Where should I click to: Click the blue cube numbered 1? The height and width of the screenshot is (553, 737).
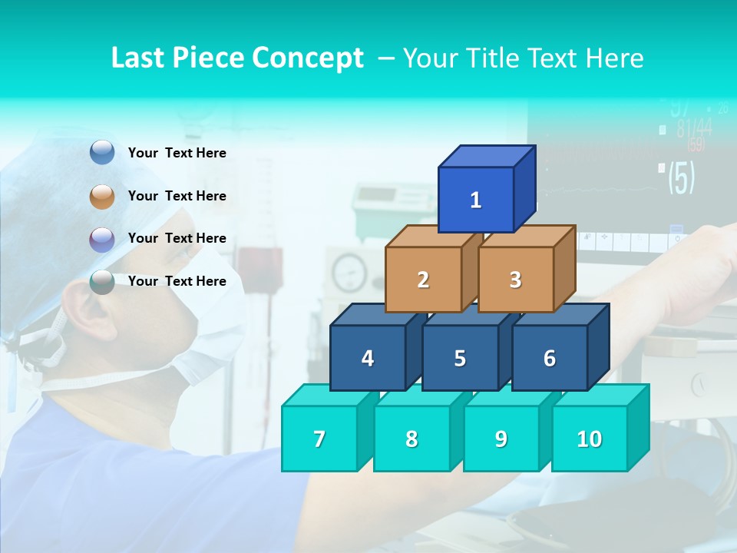[x=476, y=200]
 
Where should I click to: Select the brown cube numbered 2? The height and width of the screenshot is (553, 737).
[x=423, y=280]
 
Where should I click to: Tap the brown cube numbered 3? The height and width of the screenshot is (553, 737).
[x=515, y=280]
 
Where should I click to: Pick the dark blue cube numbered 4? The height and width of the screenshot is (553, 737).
[x=368, y=358]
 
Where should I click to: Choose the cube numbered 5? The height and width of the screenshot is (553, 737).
[x=460, y=358]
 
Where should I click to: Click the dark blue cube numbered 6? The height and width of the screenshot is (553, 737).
[x=550, y=358]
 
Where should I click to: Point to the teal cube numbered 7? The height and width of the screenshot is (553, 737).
[x=319, y=439]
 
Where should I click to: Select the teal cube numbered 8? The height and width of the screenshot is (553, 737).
[x=411, y=439]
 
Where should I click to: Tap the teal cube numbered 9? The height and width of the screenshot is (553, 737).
[x=501, y=439]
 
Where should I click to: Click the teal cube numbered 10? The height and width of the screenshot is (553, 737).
[x=590, y=439]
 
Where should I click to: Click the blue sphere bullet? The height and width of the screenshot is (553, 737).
[x=102, y=153]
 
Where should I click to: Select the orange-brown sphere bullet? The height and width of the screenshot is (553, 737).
[x=102, y=196]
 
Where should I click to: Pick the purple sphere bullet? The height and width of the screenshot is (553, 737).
[x=102, y=239]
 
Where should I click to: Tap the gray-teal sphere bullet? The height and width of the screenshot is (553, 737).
[x=102, y=282]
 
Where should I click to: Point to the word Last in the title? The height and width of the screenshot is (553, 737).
[x=139, y=58]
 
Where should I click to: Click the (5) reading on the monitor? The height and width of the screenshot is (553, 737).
[x=681, y=177]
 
